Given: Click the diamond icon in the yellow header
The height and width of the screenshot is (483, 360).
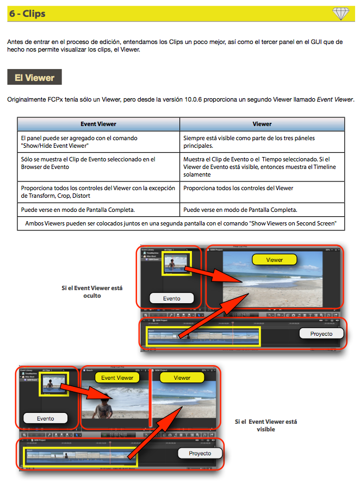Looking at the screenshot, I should tap(340, 14).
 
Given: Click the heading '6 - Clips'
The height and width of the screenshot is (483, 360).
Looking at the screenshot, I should tap(27, 14).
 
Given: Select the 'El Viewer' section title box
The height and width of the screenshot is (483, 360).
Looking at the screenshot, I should tap(34, 78).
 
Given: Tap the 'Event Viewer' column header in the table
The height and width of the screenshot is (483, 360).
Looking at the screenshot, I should tap(98, 124).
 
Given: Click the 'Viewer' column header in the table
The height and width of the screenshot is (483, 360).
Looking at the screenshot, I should tap(262, 124).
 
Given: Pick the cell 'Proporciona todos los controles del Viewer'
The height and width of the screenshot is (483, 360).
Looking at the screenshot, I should tap(239, 188).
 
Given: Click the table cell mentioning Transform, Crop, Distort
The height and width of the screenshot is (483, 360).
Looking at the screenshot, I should tap(98, 192).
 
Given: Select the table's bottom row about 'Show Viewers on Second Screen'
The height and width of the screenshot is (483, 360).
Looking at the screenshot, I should tap(181, 222).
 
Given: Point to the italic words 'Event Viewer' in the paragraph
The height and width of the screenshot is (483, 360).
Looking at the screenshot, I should tap(335, 99).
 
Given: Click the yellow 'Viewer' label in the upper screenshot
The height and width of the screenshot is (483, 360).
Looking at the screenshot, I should tap(274, 260).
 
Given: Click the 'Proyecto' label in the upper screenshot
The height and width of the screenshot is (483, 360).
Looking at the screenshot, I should tap(321, 333).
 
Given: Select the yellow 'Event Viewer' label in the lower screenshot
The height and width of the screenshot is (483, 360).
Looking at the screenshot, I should tap(117, 378).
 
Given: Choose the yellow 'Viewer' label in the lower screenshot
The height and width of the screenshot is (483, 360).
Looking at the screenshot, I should tap(182, 378).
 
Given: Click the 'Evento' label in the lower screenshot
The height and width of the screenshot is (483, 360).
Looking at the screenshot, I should tap(46, 418).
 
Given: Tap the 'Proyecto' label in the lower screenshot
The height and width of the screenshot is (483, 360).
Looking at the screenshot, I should tap(200, 453).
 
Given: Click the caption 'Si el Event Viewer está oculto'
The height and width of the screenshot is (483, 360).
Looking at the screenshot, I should tap(92, 292).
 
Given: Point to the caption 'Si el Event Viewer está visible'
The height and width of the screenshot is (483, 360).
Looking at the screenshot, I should tap(265, 425).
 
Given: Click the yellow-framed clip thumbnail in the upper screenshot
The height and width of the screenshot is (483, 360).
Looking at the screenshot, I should tap(177, 263).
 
